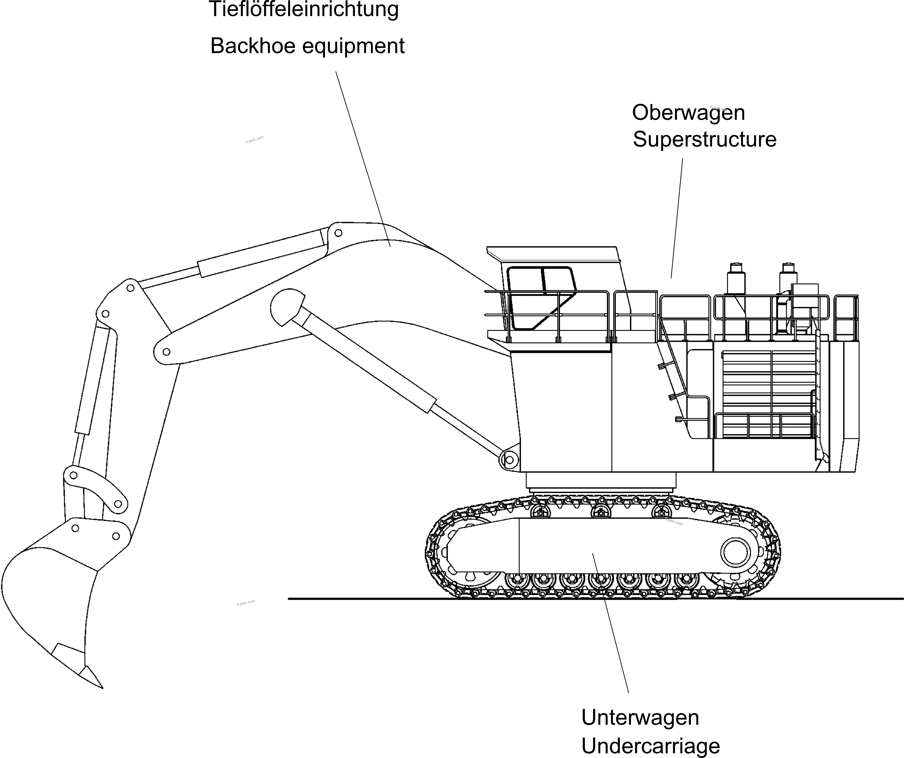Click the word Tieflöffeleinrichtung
304,9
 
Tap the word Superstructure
704,139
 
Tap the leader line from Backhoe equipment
363,159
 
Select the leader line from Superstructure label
677,217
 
